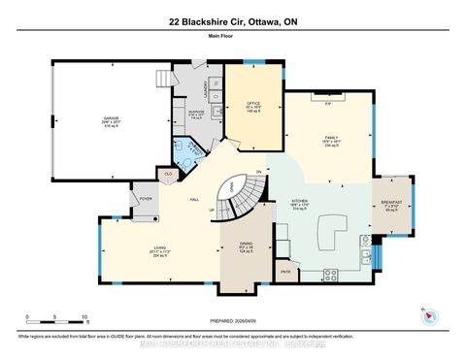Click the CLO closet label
(x=168, y=174)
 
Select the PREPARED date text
(x=232, y=325)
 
